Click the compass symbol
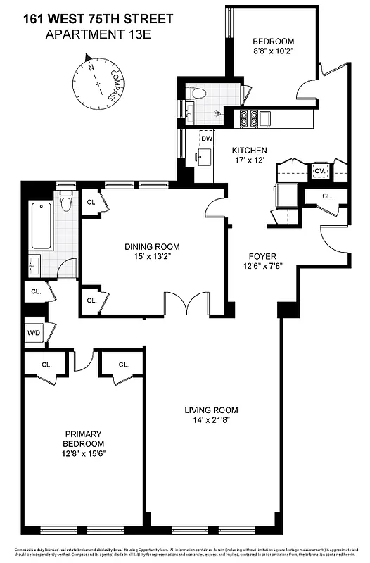(96, 80)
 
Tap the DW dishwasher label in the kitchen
(206, 139)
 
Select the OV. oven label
(319, 171)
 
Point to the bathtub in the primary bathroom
(41, 224)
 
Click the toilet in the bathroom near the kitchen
(198, 93)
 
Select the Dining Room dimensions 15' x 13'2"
(152, 258)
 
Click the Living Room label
(211, 410)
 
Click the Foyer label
(262, 256)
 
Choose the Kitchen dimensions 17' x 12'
(250, 161)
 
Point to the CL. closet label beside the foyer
(327, 196)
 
